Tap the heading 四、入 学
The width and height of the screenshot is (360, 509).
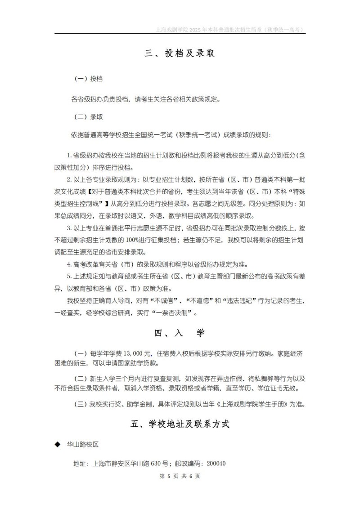click(x=180, y=333)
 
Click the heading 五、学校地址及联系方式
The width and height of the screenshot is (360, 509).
click(x=180, y=424)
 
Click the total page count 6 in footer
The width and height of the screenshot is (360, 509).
click(x=190, y=476)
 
